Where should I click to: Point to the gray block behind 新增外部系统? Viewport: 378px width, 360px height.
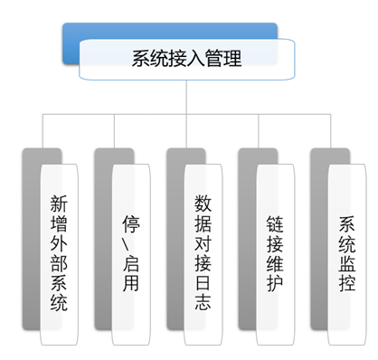point(32,235)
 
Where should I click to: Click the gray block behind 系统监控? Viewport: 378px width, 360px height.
point(318,235)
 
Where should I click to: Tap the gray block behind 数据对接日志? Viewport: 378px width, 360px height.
point(175,235)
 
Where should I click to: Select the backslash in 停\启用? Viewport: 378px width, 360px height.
point(131,245)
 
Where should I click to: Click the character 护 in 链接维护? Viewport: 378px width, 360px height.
point(275,285)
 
